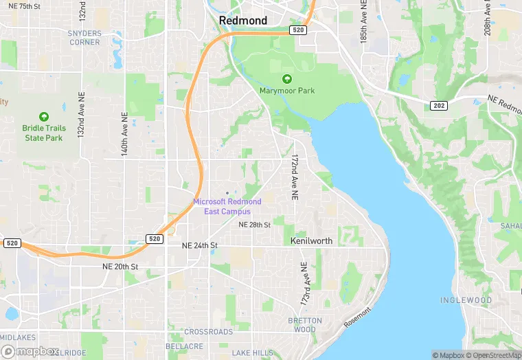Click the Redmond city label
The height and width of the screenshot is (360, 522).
[243, 21]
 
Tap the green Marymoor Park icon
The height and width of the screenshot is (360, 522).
[287, 79]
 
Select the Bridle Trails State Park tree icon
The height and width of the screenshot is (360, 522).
[44, 117]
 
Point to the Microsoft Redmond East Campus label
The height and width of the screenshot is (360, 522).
[227, 206]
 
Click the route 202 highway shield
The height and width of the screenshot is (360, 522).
[438, 105]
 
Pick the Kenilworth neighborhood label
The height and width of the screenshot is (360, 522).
[311, 241]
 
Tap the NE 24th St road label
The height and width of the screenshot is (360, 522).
[199, 245]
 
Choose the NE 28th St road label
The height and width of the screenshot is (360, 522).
[254, 225]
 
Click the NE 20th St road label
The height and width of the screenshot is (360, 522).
[120, 267]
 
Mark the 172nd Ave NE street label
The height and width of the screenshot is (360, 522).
[294, 177]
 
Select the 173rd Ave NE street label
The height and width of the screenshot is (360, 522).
[304, 283]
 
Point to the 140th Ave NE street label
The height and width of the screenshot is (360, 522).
[125, 133]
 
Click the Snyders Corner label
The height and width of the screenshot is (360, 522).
[84, 38]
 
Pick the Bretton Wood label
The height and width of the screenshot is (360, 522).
[305, 325]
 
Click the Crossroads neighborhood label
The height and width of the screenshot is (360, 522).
[209, 332]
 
